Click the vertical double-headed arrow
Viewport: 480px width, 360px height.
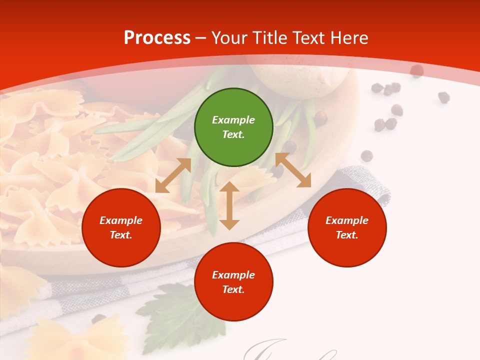[x=229, y=205]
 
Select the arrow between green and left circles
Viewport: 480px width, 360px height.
[x=173, y=175]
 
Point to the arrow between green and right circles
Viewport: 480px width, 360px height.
[x=293, y=170]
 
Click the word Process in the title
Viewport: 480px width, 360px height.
[x=157, y=37]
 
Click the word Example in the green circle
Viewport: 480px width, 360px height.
[x=233, y=120]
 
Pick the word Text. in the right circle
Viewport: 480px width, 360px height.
[x=347, y=235]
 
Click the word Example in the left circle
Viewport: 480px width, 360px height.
[x=121, y=220]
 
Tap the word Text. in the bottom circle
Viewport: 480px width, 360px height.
[x=233, y=289]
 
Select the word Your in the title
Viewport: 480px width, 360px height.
[x=228, y=37]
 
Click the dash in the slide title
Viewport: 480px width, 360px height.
[x=201, y=38]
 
